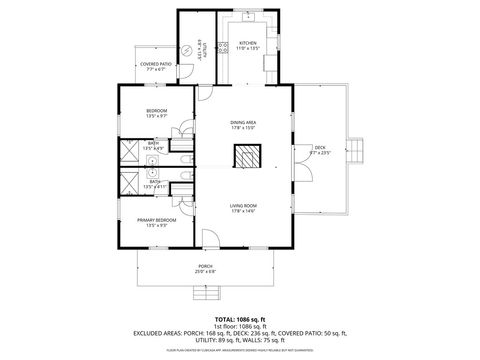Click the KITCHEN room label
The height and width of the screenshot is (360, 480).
[248, 43]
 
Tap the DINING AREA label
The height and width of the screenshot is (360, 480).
[244, 122]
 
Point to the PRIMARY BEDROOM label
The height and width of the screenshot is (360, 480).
[156, 219]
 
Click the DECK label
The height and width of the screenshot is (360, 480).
[320, 147]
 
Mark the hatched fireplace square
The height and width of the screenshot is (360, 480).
[245, 156]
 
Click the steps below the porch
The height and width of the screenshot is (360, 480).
[206, 291]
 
